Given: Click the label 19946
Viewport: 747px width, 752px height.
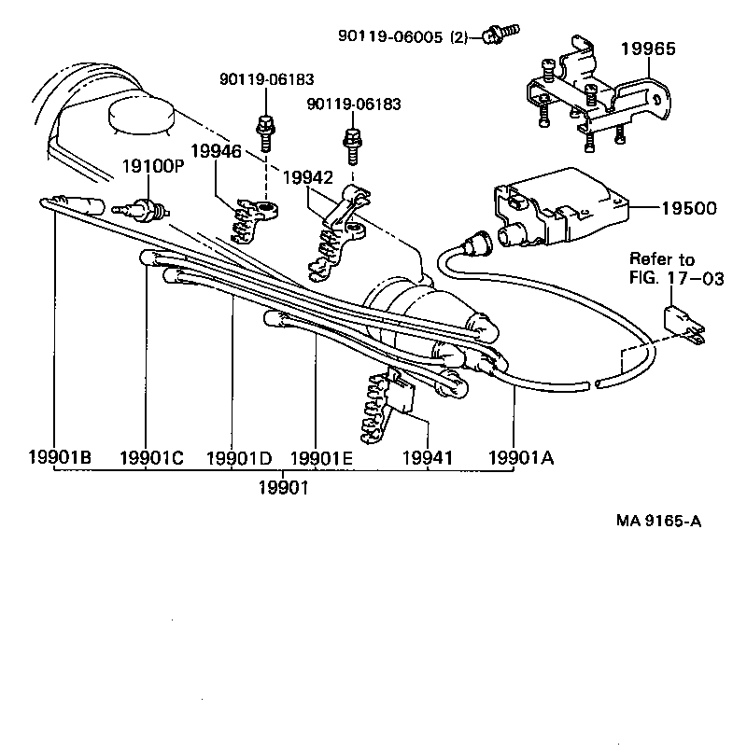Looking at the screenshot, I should [217, 150].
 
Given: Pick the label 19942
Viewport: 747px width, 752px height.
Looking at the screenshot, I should [308, 176].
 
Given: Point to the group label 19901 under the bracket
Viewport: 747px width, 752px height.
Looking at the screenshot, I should [284, 487].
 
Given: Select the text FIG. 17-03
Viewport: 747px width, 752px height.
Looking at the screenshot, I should [676, 277].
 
